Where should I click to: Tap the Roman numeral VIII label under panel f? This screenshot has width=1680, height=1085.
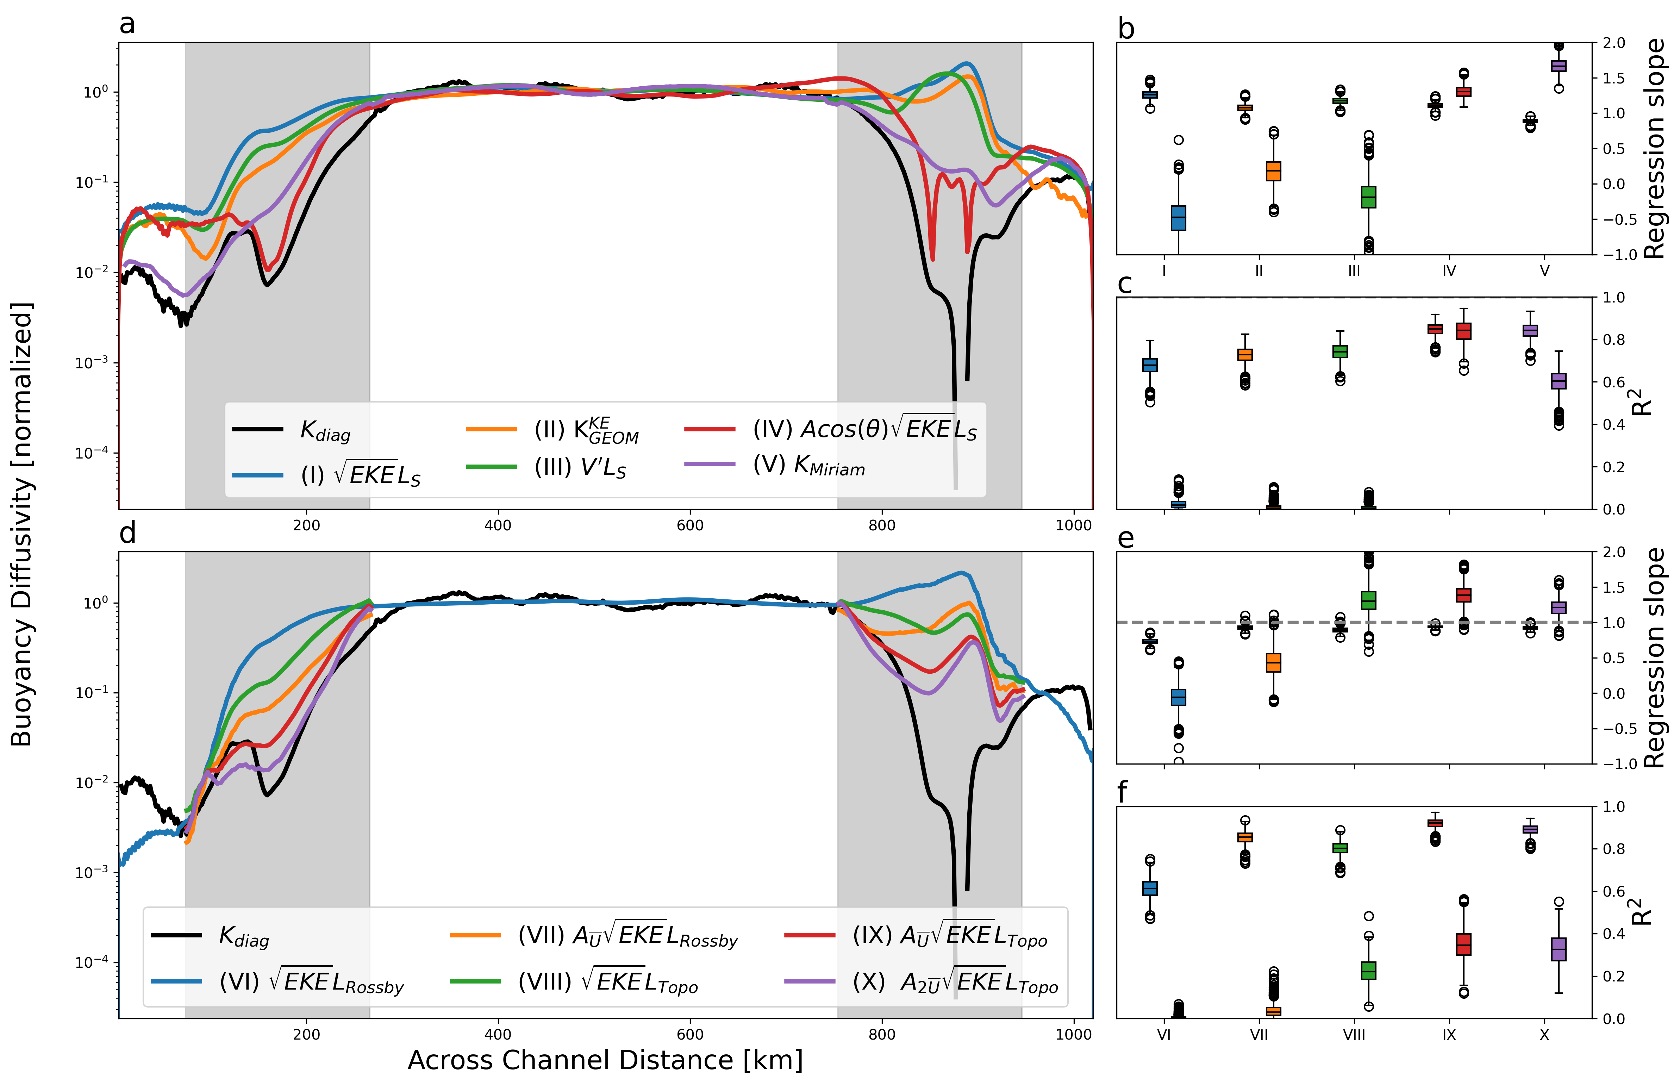(1354, 1035)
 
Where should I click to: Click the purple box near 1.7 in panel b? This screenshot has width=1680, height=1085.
(1559, 66)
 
